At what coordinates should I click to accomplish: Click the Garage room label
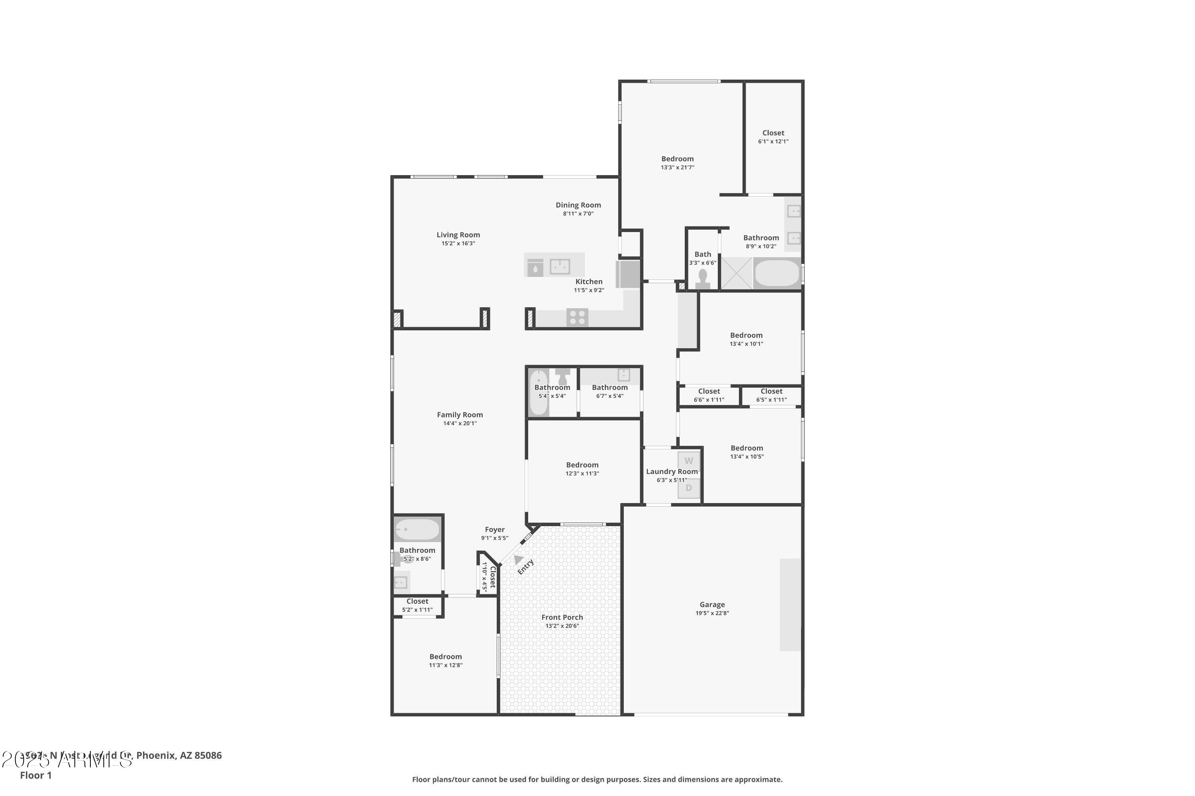712,604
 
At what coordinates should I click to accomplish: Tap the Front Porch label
562,617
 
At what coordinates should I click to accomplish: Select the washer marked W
688,461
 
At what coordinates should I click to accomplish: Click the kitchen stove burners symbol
577,317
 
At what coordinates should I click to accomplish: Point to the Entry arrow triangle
518,560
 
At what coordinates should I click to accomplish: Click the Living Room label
458,234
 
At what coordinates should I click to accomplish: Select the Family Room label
459,415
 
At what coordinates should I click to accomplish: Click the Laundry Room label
672,472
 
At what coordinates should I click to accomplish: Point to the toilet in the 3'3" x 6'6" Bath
703,279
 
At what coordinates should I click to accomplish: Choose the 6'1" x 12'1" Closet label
773,133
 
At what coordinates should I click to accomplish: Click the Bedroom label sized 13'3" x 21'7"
677,159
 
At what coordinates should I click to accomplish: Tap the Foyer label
494,529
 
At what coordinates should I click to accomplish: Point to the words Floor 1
35,775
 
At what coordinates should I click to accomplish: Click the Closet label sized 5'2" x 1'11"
417,601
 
